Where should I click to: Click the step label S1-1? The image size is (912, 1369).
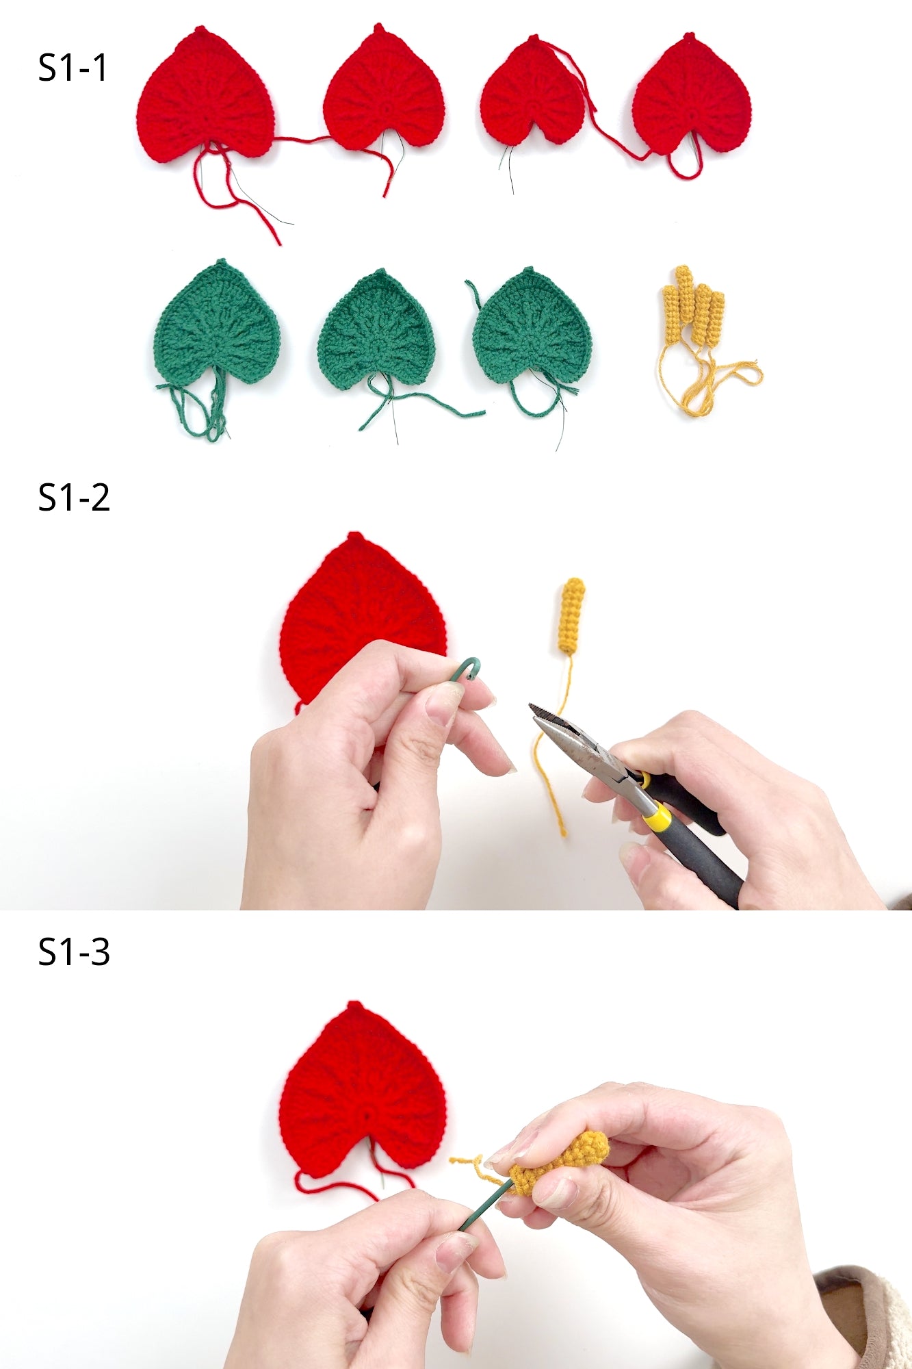tap(73, 68)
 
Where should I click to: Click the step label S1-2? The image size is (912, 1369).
tap(73, 497)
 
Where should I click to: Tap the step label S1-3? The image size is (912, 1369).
tap(73, 951)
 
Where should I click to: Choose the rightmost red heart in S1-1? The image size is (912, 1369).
tap(691, 96)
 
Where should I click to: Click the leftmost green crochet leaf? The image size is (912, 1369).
tap(217, 322)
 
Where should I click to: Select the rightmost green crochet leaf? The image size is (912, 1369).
tap(532, 326)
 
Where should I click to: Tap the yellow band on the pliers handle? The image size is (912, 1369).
tap(657, 816)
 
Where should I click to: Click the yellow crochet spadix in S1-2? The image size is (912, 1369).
tap(571, 615)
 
